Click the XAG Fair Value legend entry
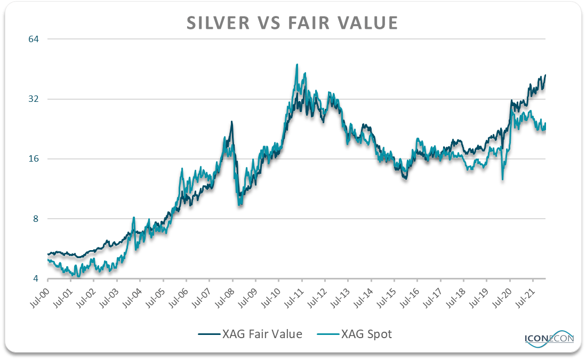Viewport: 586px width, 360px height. (x=250, y=334)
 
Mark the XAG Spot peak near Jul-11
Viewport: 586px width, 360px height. (x=297, y=65)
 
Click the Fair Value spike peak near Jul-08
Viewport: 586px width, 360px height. (x=231, y=122)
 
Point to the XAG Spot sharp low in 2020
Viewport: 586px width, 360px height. (x=502, y=179)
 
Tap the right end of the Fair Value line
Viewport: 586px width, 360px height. (x=545, y=75)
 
